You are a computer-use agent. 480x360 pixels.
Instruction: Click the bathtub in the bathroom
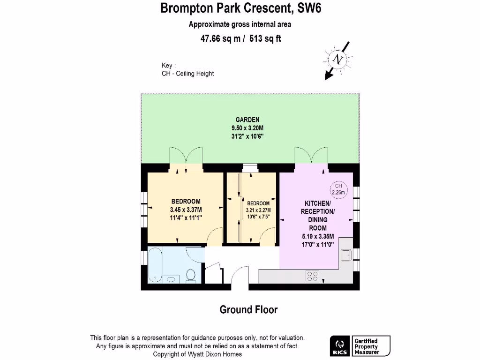156,264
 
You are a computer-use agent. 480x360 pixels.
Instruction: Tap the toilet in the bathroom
191,275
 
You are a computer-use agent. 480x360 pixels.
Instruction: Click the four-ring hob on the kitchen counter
313,276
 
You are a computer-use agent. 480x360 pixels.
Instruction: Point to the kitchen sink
346,255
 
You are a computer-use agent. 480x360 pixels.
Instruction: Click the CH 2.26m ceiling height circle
338,189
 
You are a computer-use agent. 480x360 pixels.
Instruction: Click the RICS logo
339,346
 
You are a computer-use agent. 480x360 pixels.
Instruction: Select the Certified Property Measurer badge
371,346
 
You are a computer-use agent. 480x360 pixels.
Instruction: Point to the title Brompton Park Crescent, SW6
241,8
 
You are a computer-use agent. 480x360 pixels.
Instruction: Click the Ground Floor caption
248,310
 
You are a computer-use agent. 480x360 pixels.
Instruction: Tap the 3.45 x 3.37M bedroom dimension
186,210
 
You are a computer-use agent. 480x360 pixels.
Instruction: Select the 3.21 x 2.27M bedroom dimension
258,210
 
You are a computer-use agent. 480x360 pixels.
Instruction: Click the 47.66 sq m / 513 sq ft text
240,39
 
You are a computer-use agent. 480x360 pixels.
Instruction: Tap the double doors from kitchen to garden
311,155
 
